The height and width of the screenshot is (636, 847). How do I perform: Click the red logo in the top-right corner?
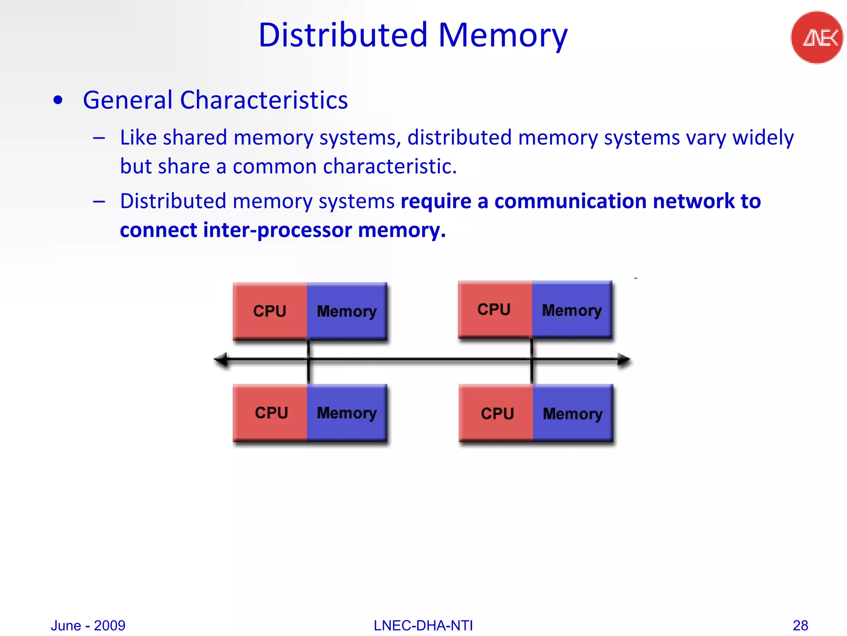point(817,37)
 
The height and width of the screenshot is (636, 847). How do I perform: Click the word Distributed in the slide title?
point(343,35)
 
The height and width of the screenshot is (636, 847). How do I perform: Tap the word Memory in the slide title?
point(503,35)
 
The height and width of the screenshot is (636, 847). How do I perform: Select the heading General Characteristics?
point(215,100)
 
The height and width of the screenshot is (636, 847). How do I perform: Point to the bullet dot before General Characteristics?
point(58,100)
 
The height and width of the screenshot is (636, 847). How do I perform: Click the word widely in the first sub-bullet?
point(763,137)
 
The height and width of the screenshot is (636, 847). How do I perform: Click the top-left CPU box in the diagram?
point(270,311)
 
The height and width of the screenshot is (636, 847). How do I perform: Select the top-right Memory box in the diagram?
point(572,310)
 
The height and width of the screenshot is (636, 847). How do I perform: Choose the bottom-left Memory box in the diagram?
point(347,413)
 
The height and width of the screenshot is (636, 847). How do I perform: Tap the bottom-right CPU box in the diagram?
point(496,413)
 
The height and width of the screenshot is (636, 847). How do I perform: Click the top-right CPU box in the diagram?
point(495,309)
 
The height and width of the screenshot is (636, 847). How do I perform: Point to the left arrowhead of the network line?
point(221,359)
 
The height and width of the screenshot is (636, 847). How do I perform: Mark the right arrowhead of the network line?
point(624,359)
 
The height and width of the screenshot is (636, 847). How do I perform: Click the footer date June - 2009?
point(88,625)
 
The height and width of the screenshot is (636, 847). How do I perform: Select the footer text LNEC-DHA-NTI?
point(423,625)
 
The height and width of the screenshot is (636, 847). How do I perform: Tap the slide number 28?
point(800,625)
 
